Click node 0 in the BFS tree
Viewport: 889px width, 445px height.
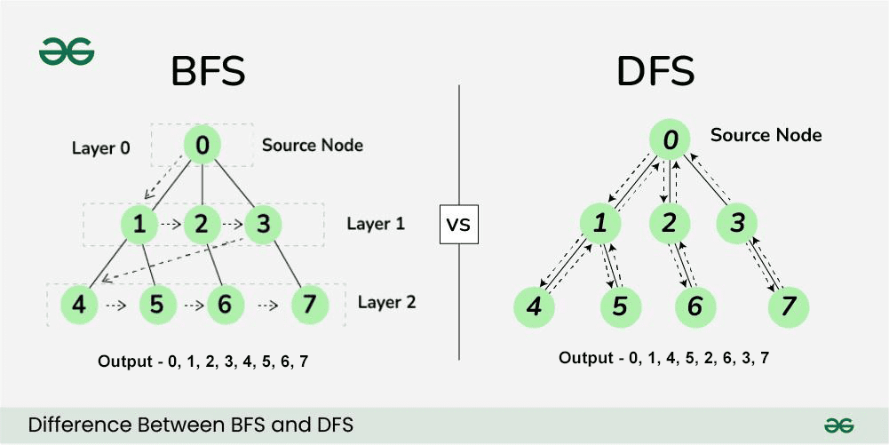pyautogui.click(x=202, y=145)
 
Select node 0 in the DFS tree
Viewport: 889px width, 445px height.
pyautogui.click(x=670, y=139)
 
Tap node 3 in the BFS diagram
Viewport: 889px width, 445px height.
pyautogui.click(x=263, y=225)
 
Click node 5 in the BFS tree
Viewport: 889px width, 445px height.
pyautogui.click(x=156, y=305)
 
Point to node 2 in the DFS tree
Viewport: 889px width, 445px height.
pyautogui.click(x=670, y=223)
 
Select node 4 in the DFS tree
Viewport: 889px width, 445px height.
pyautogui.click(x=534, y=306)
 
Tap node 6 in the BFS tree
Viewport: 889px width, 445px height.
pyautogui.click(x=225, y=305)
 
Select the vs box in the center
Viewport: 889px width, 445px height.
pyautogui.click(x=458, y=224)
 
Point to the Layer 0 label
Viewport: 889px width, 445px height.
pyautogui.click(x=100, y=147)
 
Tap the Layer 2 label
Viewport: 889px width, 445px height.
pyautogui.click(x=386, y=302)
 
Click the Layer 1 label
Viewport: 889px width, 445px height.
pyautogui.click(x=376, y=224)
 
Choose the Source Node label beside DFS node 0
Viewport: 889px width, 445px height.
pyautogui.click(x=766, y=135)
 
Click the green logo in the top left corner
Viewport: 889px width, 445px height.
pyautogui.click(x=67, y=51)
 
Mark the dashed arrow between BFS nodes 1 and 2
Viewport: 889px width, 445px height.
pyautogui.click(x=171, y=225)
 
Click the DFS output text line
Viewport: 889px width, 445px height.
pyautogui.click(x=663, y=358)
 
